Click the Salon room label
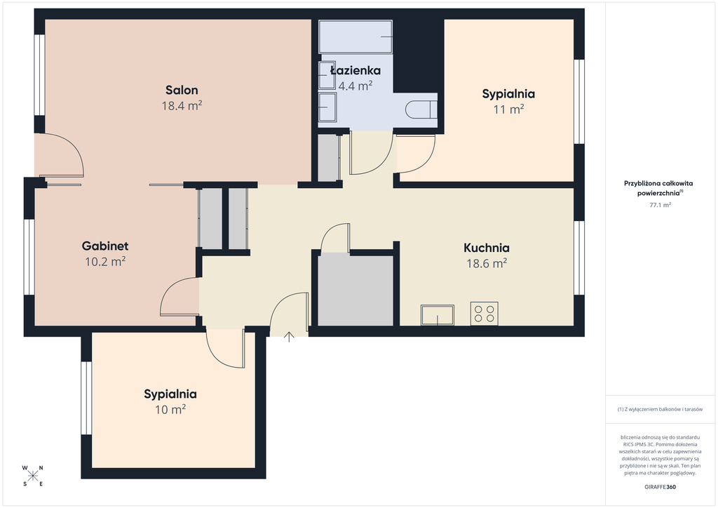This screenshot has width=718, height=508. click(x=182, y=90)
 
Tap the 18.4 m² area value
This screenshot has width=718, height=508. click(x=182, y=105)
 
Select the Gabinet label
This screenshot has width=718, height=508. click(x=105, y=246)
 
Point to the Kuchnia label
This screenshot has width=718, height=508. click(x=487, y=248)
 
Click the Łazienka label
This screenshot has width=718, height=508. click(x=355, y=70)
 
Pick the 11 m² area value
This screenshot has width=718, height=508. click(x=508, y=109)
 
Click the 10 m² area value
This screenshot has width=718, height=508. click(x=170, y=409)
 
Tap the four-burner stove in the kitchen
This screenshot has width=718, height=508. click(x=484, y=314)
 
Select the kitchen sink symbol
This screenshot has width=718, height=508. click(x=438, y=315)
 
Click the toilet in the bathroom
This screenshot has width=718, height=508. click(x=421, y=109)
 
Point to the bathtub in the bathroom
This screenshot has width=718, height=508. click(x=355, y=36)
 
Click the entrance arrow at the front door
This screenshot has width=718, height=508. click(x=288, y=337)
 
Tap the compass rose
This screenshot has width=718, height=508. click(x=32, y=476)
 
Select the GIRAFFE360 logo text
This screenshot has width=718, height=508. click(x=660, y=487)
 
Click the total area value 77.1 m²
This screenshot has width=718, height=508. click(x=660, y=205)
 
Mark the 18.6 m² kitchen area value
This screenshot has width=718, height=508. click(x=487, y=263)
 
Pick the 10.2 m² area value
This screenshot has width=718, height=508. click(x=105, y=262)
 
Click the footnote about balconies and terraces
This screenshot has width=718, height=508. click(x=660, y=409)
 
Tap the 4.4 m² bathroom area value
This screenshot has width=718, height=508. click(x=355, y=86)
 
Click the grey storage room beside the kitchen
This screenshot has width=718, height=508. click(x=355, y=290)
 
